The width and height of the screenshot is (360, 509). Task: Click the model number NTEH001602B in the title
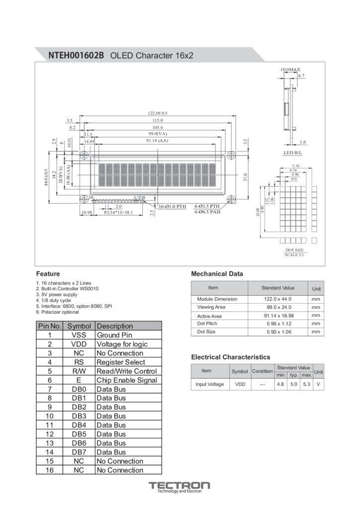(76, 55)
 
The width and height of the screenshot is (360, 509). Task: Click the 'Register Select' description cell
(121, 362)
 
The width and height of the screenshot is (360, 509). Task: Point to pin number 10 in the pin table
(49, 416)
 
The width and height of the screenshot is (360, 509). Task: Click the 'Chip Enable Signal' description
(127, 380)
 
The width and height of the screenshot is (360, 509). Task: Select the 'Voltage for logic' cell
(122, 344)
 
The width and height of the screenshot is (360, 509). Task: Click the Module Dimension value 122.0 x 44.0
(277, 299)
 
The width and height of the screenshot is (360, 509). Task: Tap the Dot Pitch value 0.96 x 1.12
(277, 324)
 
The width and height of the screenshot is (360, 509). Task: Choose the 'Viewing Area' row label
(211, 307)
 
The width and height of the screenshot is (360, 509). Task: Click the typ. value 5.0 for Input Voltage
(294, 384)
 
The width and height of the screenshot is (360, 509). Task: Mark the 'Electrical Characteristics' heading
(231, 357)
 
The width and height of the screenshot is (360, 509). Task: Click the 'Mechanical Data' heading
(217, 274)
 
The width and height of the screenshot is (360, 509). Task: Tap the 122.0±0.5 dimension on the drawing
(158, 113)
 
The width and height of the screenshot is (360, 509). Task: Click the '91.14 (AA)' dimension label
(157, 141)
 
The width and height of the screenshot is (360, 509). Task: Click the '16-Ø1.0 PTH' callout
(172, 206)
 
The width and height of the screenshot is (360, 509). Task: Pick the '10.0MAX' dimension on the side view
(290, 70)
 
